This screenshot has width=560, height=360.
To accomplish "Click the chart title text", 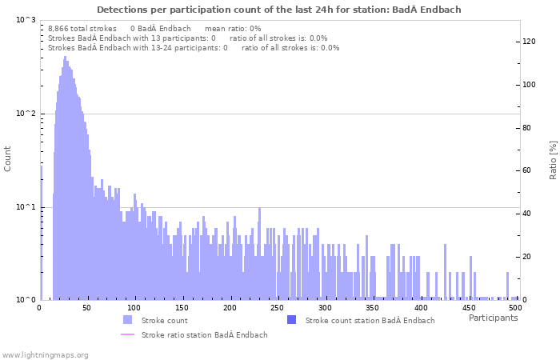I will click(x=278, y=10).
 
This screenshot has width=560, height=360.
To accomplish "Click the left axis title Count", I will click(x=8, y=158).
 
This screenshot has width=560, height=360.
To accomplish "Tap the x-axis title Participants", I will click(x=493, y=318).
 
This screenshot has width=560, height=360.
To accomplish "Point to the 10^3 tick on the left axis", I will click(x=26, y=20).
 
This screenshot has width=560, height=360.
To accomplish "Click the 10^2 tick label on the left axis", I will click(x=26, y=114).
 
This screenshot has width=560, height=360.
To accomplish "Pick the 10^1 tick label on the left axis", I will click(x=26, y=207).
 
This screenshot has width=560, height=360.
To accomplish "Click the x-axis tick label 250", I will click(x=278, y=308).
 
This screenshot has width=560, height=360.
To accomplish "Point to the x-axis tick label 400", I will click(x=421, y=308).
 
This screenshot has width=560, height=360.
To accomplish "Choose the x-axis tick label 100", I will click(x=134, y=308).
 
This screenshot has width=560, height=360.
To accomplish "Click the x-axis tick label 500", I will click(x=516, y=308).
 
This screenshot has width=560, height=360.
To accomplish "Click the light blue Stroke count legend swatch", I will click(x=127, y=320).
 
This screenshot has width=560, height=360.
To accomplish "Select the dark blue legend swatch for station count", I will click(x=291, y=320).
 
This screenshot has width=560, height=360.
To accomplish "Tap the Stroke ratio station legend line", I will click(x=127, y=334).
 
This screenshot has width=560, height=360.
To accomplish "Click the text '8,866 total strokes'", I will click(x=82, y=28).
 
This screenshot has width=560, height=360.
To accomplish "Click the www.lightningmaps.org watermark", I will click(x=45, y=354).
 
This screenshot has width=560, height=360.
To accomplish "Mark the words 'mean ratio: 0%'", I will click(x=233, y=28).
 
